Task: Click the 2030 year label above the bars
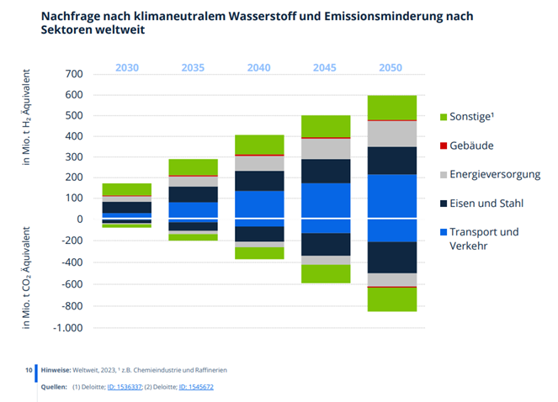127,67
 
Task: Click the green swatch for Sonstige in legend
445,116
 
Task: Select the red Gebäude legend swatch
445,145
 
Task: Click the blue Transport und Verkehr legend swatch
445,232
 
